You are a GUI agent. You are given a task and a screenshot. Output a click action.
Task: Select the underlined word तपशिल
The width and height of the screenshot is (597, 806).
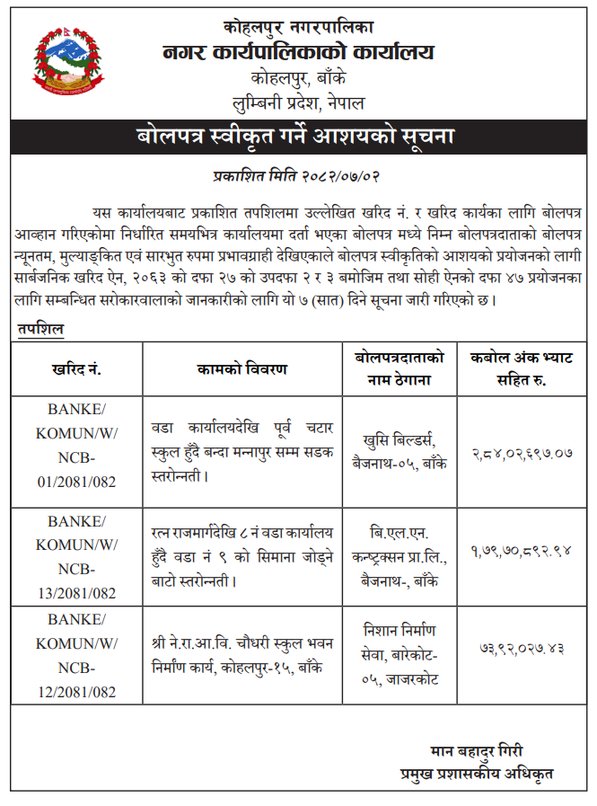pos(40,329)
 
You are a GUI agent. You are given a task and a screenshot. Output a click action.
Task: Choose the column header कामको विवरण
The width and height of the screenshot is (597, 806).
pos(241,369)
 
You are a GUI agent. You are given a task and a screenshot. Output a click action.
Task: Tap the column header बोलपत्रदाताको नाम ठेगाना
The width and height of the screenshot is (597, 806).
pos(399,369)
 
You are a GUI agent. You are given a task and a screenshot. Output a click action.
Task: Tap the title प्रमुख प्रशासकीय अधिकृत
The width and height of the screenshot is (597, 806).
pos(476,772)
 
